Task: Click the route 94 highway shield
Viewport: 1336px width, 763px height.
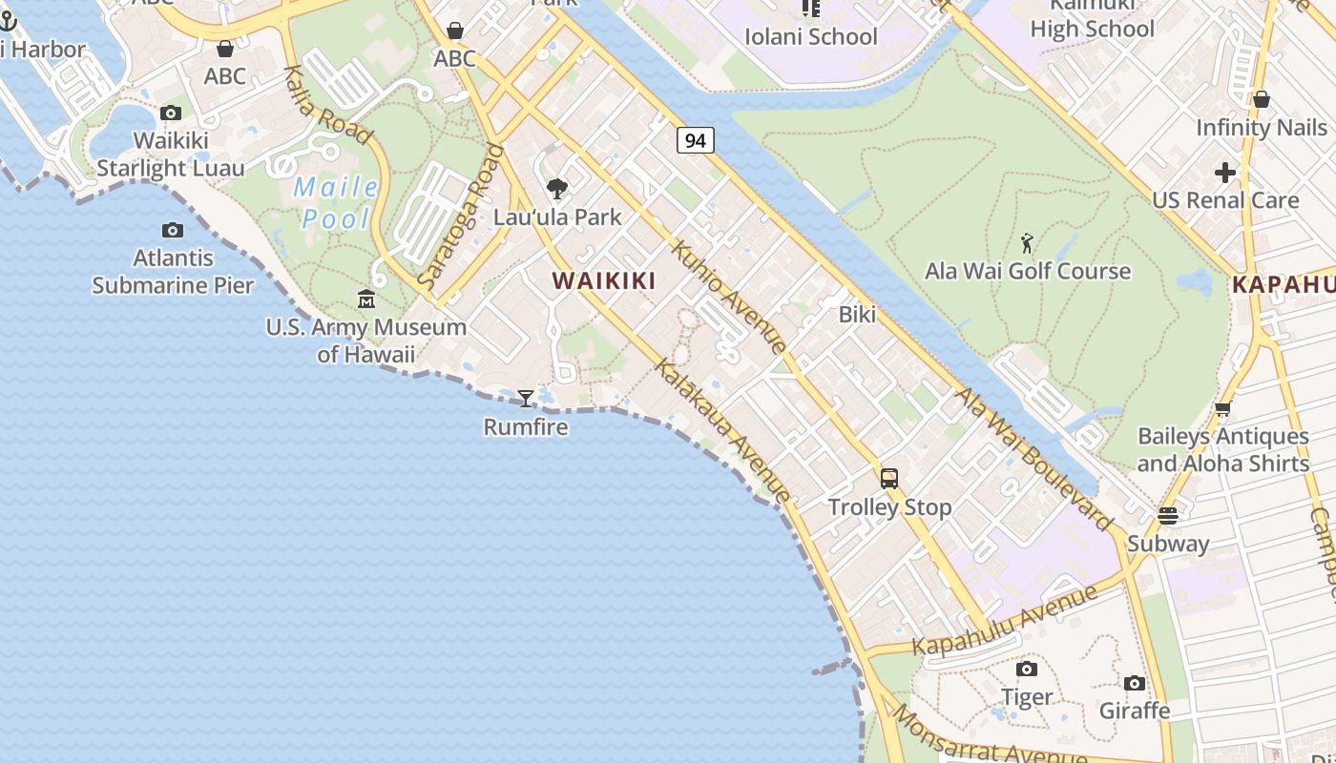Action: pyautogui.click(x=696, y=140)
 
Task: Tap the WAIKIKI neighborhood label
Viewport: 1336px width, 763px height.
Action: pyautogui.click(x=604, y=280)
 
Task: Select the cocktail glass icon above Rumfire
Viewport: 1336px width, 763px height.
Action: pyautogui.click(x=526, y=398)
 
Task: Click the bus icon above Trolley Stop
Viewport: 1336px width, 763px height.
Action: pyautogui.click(x=889, y=478)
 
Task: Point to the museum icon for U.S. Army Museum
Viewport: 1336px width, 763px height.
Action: pyautogui.click(x=366, y=299)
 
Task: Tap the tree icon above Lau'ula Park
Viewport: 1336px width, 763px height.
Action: pyautogui.click(x=557, y=189)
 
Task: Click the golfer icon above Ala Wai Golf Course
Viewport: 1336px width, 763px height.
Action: pyautogui.click(x=1027, y=243)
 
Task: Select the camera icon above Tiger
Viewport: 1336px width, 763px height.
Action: pyautogui.click(x=1027, y=670)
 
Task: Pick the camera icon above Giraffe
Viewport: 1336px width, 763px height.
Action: pyautogui.click(x=1135, y=683)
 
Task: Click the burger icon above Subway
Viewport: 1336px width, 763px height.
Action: pyautogui.click(x=1168, y=516)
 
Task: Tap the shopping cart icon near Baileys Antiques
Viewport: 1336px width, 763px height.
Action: pyautogui.click(x=1222, y=409)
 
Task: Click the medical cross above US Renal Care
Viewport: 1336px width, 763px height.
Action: pyautogui.click(x=1225, y=173)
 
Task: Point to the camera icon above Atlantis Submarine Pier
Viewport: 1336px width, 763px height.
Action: pyautogui.click(x=173, y=230)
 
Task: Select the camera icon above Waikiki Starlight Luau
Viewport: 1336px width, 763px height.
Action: pyautogui.click(x=171, y=113)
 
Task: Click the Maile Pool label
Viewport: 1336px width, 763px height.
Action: pyautogui.click(x=336, y=202)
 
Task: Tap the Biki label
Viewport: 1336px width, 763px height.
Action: pyautogui.click(x=857, y=314)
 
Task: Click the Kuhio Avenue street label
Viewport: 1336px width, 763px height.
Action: pyautogui.click(x=729, y=297)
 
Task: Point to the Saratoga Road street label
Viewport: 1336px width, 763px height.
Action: pyautogui.click(x=461, y=216)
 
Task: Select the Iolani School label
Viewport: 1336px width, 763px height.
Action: pyautogui.click(x=810, y=36)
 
